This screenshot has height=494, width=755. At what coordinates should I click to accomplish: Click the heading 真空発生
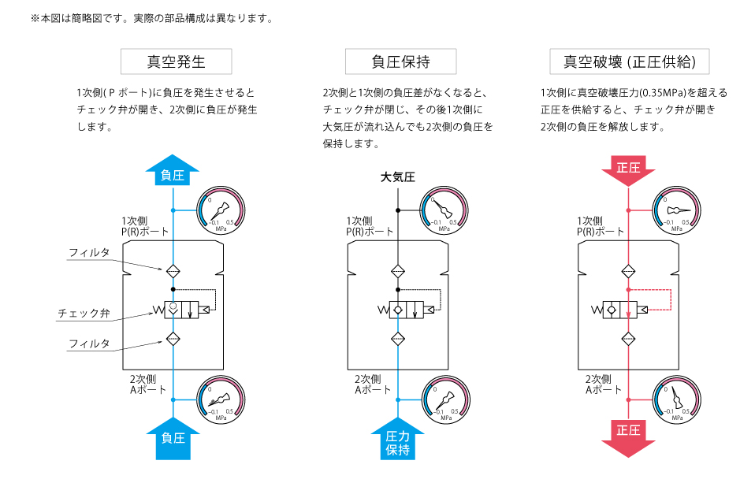176,61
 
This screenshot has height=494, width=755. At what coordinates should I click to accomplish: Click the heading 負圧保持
401,61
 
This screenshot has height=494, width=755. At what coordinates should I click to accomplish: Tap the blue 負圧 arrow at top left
173,173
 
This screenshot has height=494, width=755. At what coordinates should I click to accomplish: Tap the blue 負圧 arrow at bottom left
173,436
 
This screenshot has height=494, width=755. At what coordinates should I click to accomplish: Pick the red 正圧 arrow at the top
628,169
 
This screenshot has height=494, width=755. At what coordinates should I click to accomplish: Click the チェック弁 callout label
84,313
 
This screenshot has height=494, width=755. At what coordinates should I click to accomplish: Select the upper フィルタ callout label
89,252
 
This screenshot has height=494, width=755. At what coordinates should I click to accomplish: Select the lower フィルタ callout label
89,344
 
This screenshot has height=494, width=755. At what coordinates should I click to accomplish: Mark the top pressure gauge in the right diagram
677,210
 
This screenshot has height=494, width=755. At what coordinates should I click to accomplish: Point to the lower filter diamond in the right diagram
628,339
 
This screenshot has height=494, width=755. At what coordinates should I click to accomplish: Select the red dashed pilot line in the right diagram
668,299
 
